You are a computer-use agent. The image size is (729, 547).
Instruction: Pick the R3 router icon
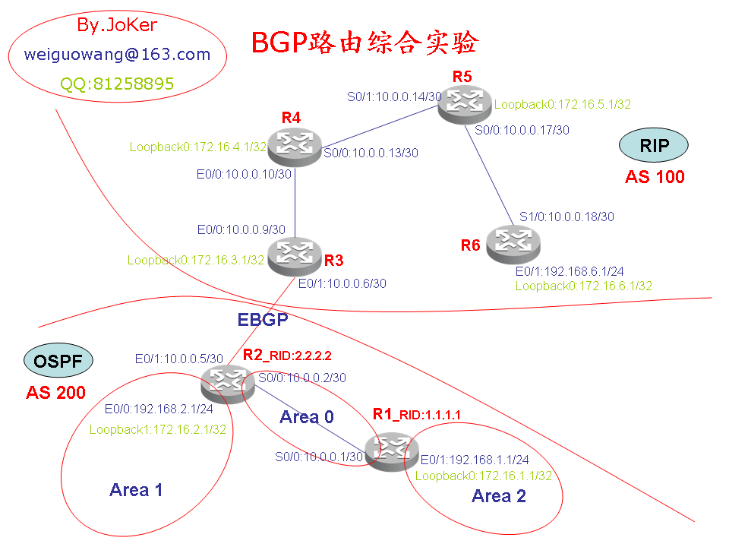pyautogui.click(x=294, y=256)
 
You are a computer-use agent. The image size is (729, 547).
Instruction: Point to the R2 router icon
pyautogui.click(x=226, y=382)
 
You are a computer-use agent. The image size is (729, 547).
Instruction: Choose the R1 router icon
pyautogui.click(x=391, y=451)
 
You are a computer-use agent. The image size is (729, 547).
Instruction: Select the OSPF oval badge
pyautogui.click(x=58, y=360)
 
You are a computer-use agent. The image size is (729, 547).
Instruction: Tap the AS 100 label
pyautogui.click(x=655, y=177)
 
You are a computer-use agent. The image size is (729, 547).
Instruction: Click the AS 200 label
pyautogui.click(x=55, y=393)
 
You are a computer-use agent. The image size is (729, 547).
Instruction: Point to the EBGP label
pyautogui.click(x=263, y=320)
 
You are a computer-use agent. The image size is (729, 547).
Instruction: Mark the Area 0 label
pyautogui.click(x=307, y=416)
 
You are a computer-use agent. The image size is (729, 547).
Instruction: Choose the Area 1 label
pyautogui.click(x=136, y=490)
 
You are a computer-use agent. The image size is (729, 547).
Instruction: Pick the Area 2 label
pyautogui.click(x=499, y=496)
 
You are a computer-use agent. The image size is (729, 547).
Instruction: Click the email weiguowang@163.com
pyautogui.click(x=117, y=55)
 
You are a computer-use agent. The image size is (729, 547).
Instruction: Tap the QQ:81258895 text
pyautogui.click(x=118, y=84)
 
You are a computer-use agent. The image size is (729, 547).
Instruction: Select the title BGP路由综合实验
pyautogui.click(x=364, y=43)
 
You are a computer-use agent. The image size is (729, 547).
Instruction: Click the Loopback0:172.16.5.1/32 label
pyautogui.click(x=563, y=105)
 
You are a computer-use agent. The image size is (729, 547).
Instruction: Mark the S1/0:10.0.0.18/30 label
pyautogui.click(x=566, y=217)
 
